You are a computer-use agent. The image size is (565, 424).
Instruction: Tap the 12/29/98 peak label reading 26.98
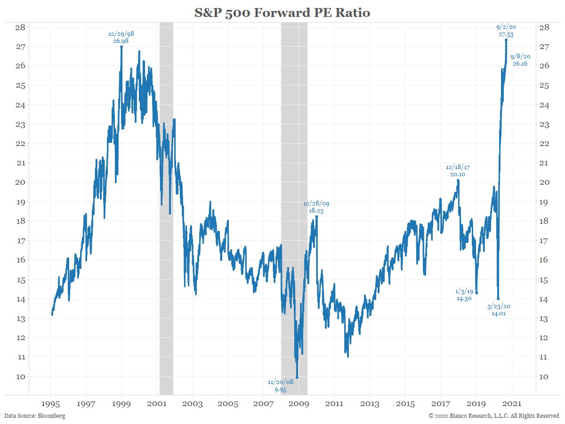[121, 38]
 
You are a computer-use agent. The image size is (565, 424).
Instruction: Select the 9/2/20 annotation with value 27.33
[506, 31]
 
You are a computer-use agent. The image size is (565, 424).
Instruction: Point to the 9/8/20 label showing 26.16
[520, 60]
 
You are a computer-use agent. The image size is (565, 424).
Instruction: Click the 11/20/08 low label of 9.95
[281, 385]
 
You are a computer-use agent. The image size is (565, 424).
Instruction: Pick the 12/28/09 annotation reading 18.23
[316, 207]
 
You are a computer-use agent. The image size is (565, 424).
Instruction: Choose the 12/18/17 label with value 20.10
[458, 171]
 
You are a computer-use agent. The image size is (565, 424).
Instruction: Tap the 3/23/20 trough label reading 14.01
[499, 310]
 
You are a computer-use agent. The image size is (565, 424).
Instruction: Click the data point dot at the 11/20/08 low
[297, 377]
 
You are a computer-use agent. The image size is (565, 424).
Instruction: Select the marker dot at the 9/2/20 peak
[506, 40]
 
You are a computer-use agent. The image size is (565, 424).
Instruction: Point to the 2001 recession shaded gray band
[166, 207]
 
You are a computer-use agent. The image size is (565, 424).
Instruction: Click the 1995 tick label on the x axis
[51, 404]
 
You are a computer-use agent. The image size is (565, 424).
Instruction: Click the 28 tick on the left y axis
[19, 27]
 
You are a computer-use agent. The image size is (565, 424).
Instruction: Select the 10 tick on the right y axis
[543, 376]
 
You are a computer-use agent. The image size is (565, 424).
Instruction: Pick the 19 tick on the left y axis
[19, 202]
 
